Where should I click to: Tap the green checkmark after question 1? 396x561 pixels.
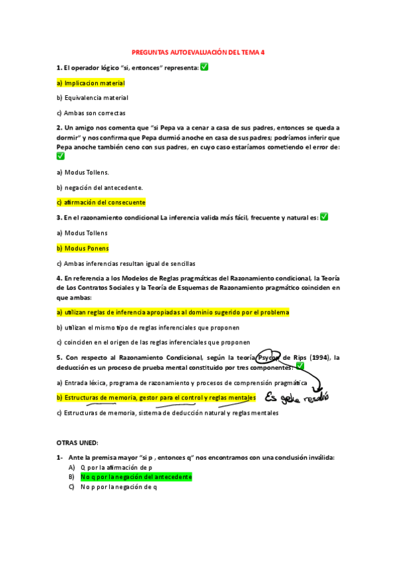click(204, 67)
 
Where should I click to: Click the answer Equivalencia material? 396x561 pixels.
click(93, 98)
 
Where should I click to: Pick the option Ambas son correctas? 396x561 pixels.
click(91, 113)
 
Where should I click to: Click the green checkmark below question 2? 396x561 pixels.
click(61, 156)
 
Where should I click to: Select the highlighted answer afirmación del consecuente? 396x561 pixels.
click(101, 202)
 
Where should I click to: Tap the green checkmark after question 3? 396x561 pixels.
click(324, 217)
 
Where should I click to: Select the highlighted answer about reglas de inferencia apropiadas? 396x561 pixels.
click(173, 312)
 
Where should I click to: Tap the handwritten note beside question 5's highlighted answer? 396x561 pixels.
click(296, 397)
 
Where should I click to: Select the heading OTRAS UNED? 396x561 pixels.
click(77, 442)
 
